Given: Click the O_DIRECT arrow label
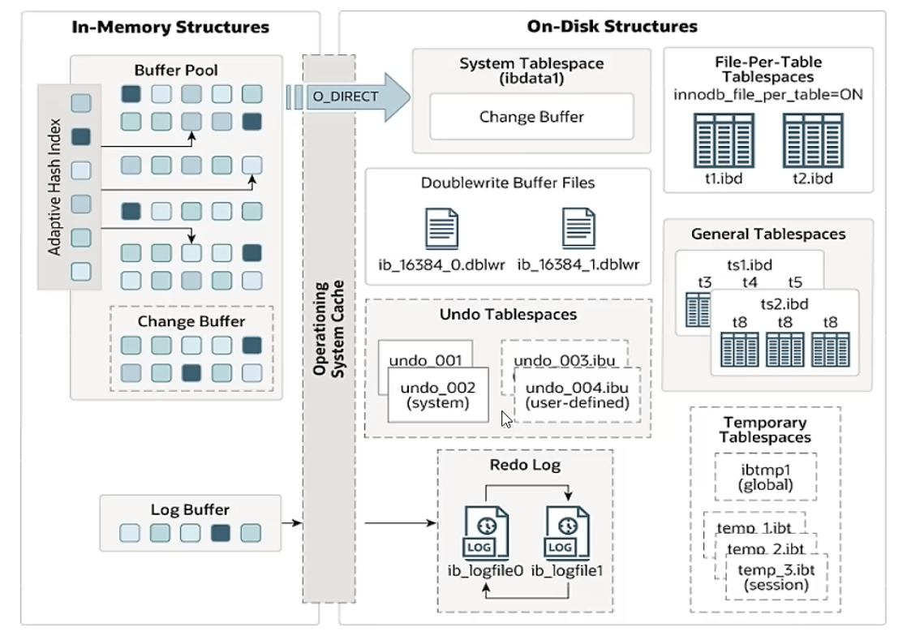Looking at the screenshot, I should [345, 96].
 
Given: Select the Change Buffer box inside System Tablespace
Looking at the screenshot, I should [531, 116].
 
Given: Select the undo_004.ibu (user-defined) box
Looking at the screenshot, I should [577, 394].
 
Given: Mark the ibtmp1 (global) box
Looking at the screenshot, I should [765, 477].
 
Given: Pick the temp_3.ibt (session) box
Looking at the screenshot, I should [770, 575].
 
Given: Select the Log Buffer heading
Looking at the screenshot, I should [190, 510].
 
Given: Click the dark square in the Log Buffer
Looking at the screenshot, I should [220, 534].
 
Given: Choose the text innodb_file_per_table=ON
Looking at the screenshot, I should [767, 94].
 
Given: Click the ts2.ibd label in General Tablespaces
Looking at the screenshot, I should [778, 303].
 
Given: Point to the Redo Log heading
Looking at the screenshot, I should [524, 465].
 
